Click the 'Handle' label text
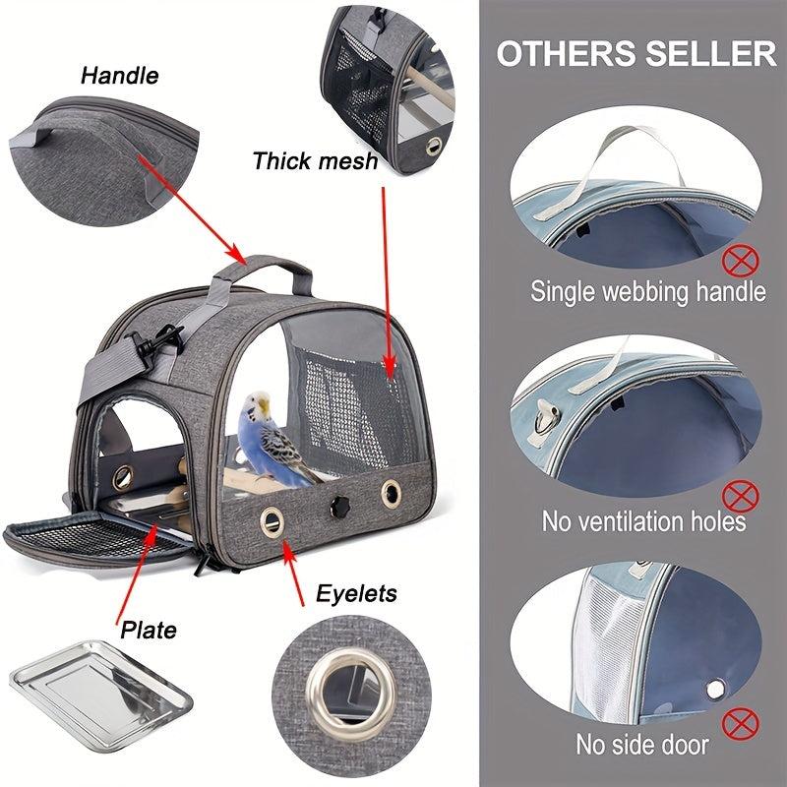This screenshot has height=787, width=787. (x=119, y=75)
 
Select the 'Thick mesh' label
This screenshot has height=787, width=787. (x=314, y=160)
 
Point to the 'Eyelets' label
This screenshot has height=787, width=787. (x=356, y=592)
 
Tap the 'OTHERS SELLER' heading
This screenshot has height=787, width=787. (x=636, y=53)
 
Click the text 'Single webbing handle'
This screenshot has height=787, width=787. (x=647, y=291)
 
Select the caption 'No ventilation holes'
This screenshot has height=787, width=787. (x=643, y=520)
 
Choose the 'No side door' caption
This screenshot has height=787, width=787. (x=642, y=745)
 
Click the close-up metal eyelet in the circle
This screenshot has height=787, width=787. (x=330, y=694)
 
